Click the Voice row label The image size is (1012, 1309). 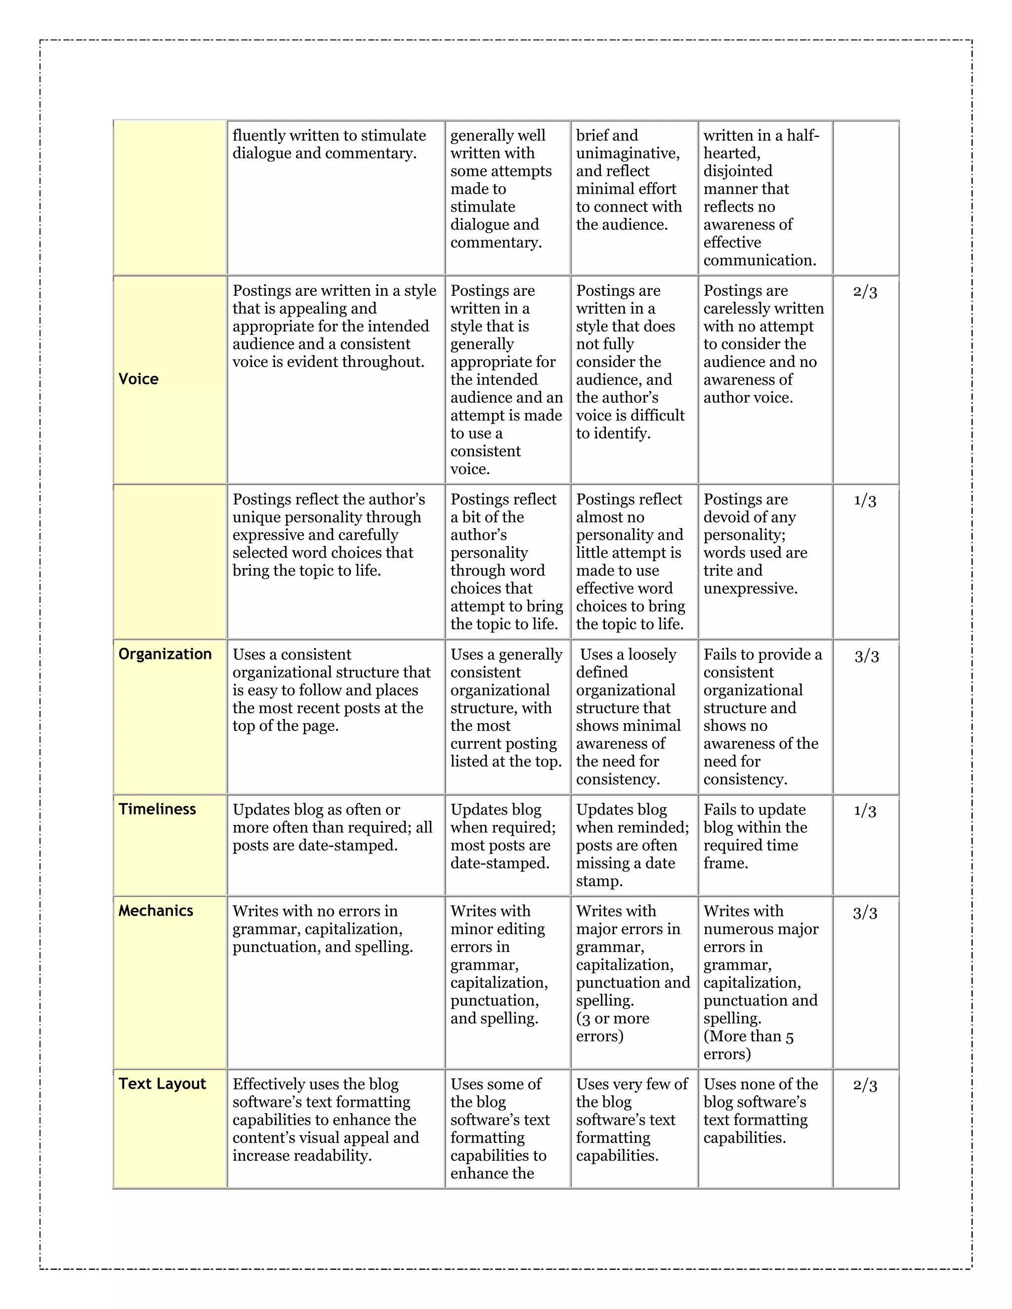[138, 379]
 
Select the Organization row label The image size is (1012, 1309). [165, 654]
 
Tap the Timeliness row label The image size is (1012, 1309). [157, 809]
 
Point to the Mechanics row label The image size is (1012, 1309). [156, 911]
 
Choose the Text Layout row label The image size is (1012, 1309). [162, 1084]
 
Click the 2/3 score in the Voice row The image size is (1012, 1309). [865, 292]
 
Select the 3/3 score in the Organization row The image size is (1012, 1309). [866, 655]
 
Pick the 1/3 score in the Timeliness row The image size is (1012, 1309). [865, 811]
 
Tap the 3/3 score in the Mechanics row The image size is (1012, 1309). [865, 913]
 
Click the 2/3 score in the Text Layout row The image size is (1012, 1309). [865, 1085]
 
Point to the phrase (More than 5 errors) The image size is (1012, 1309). [748, 1045]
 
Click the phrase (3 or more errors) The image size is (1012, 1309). [612, 1027]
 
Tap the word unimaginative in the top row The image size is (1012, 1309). [627, 154]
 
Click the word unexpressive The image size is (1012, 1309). [750, 589]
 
